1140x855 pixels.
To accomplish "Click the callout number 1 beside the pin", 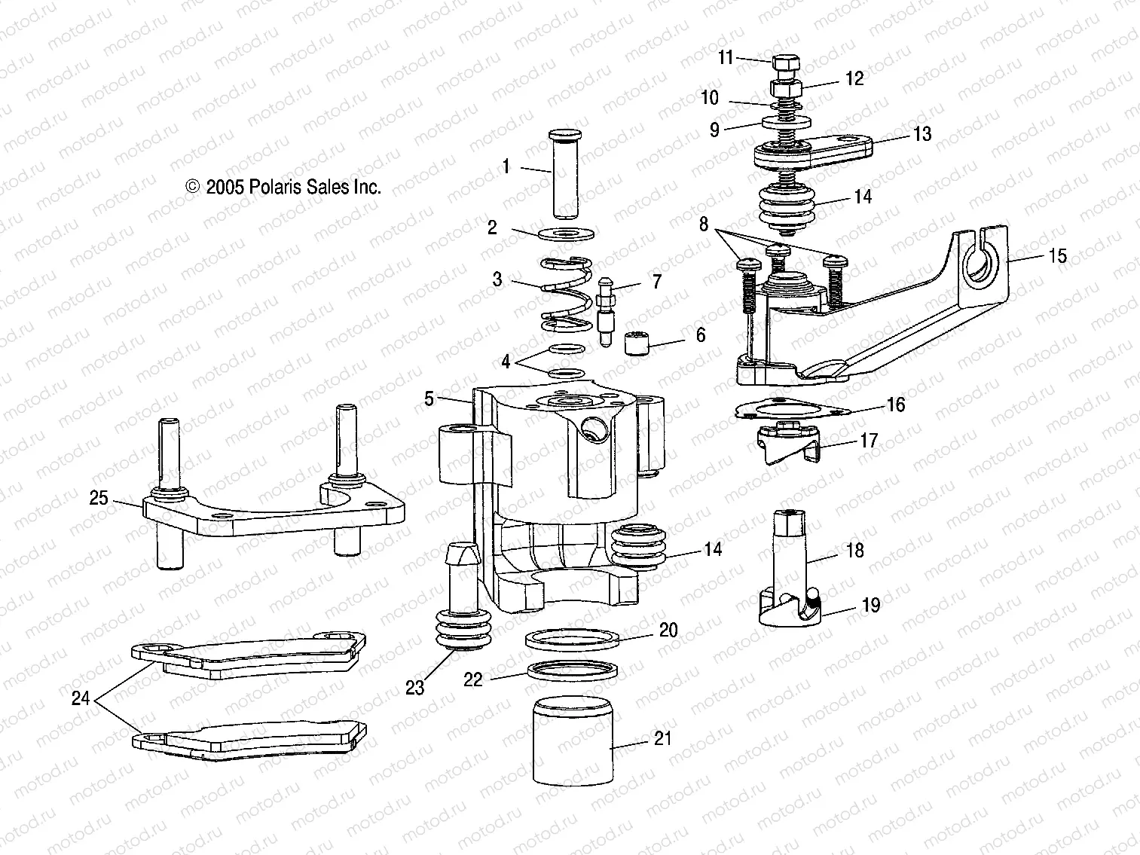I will [506, 166].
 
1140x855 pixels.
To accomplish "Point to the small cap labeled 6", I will [637, 344].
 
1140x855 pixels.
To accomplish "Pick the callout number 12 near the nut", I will [854, 78].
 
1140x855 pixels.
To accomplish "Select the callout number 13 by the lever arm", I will [922, 134].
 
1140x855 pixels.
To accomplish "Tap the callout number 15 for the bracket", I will [1058, 256].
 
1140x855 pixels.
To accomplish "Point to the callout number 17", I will [869, 441].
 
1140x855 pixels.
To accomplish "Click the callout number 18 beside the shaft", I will [854, 551].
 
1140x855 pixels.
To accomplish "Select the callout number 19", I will [870, 606].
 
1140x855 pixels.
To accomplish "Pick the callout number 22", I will [472, 679].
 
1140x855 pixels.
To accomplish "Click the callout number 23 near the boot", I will [415, 687].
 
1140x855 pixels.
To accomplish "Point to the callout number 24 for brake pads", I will [81, 699].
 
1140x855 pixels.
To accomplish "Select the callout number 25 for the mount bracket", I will [99, 499].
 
